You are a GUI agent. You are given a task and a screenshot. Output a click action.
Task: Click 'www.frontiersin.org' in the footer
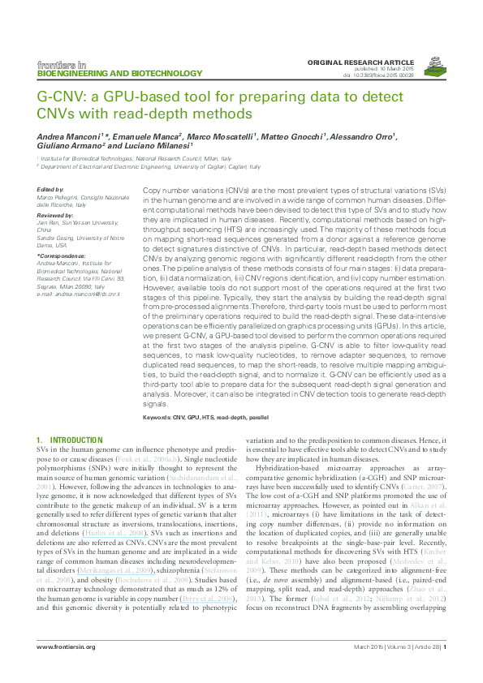66,646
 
